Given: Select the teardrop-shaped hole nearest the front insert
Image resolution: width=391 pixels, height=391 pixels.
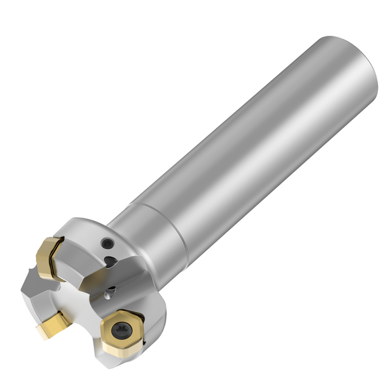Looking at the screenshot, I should point(111,289).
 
